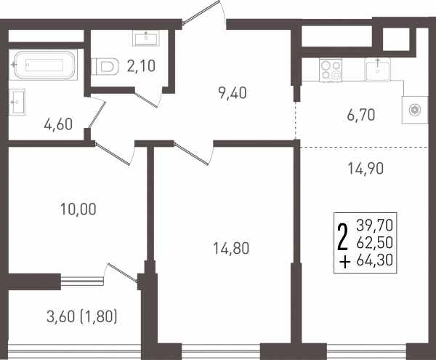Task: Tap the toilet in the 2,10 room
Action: coord(105,66)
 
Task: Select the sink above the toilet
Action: coord(146,38)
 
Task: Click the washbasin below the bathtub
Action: coord(17,102)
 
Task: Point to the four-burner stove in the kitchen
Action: coord(331,70)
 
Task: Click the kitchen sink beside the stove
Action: coord(378,70)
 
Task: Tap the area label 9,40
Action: coord(233,93)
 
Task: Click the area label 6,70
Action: coord(361,115)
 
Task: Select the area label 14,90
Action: coord(366,168)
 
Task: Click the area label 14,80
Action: coord(231,248)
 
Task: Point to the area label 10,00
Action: coord(78,209)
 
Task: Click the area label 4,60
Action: coord(58,124)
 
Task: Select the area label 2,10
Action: coord(141,66)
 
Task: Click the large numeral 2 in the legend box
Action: coord(342,237)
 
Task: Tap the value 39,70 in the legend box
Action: coord(375,225)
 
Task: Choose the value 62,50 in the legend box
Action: coord(375,243)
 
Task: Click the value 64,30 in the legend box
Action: coord(375,260)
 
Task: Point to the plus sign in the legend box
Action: coord(344,263)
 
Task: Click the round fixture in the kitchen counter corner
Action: coord(415,110)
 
